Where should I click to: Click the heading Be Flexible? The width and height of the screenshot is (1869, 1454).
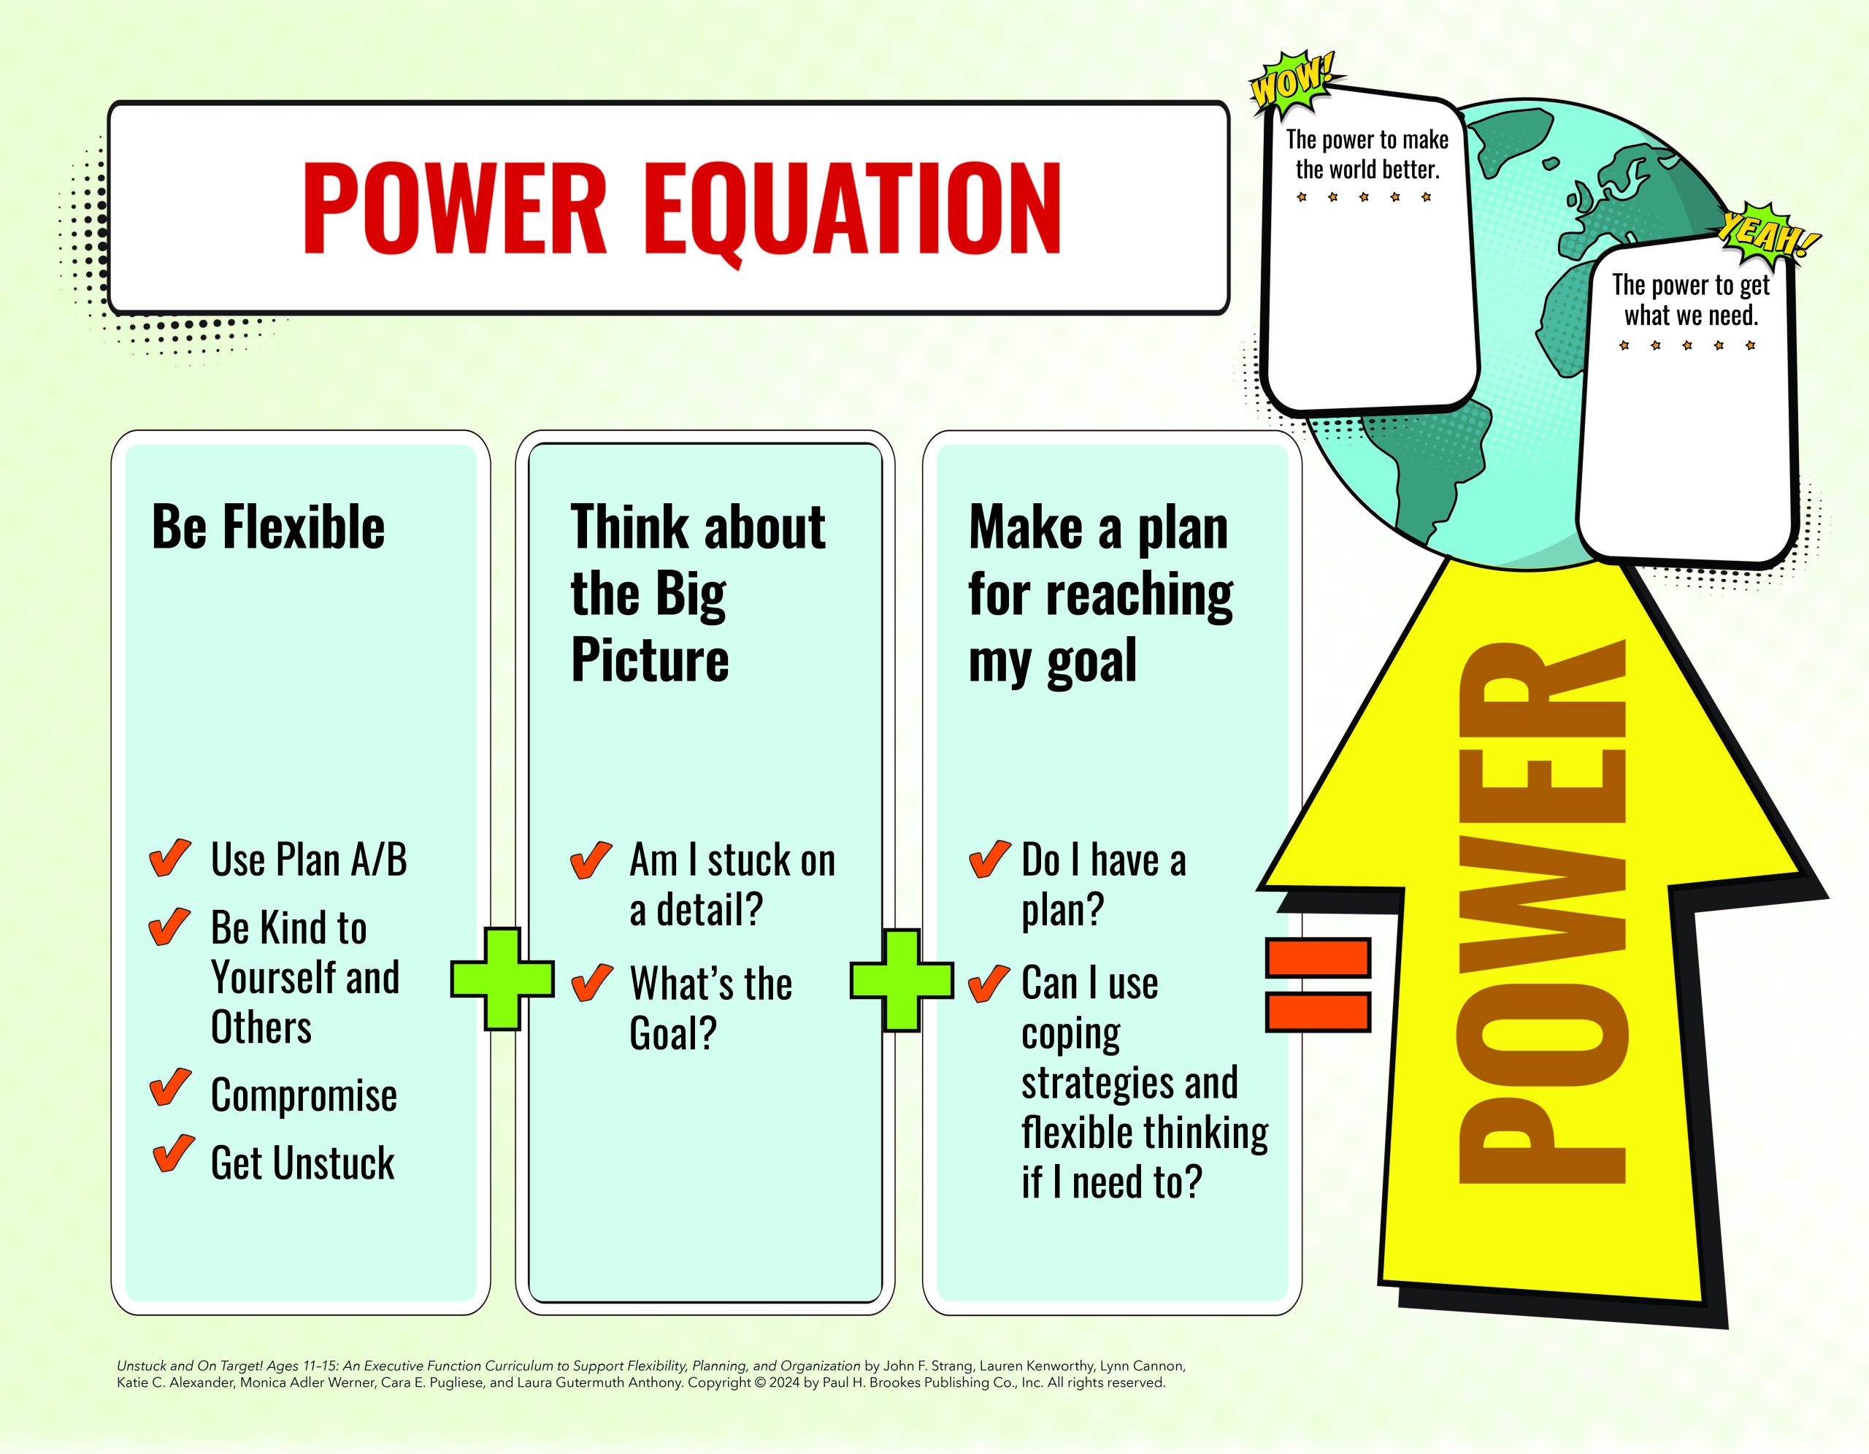tap(268, 527)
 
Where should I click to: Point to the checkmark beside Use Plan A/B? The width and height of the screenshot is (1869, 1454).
tap(169, 857)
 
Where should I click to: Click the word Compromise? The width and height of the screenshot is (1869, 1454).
tap(304, 1096)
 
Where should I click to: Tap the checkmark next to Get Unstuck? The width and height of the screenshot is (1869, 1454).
tap(173, 1154)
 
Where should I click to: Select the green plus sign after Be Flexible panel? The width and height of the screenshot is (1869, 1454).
tap(502, 980)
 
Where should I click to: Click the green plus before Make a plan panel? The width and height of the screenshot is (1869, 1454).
tap(901, 980)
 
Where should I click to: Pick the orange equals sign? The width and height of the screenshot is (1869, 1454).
tap(1318, 984)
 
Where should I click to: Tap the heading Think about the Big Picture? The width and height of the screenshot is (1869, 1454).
tap(697, 593)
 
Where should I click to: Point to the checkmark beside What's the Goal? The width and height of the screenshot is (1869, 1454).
tap(591, 982)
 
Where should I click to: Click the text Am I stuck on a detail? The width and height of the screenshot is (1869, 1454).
tap(732, 884)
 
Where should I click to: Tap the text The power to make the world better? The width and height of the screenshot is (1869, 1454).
tap(1367, 154)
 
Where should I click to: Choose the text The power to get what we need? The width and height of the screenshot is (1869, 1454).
tap(1691, 299)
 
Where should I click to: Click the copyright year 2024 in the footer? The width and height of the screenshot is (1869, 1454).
tap(784, 1382)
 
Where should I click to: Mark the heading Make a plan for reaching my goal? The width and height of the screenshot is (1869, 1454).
tap(1100, 593)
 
